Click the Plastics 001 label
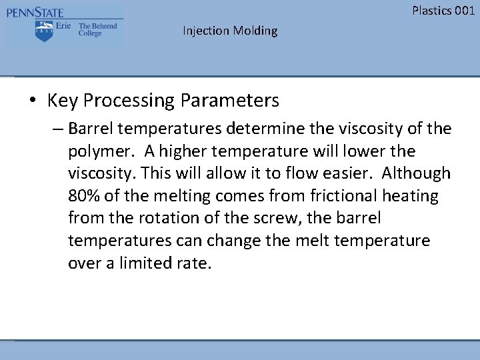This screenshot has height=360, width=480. click(443, 10)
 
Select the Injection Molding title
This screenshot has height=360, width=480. click(230, 31)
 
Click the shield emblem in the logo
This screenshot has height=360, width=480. click(44, 31)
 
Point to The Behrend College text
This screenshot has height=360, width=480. click(97, 30)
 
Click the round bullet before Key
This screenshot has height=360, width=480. click(33, 101)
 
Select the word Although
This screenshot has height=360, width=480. click(417, 173)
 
